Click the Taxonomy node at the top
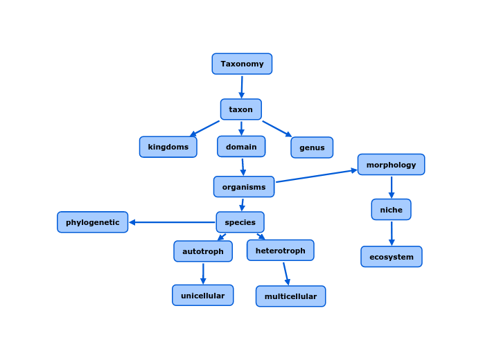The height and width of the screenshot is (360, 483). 242,64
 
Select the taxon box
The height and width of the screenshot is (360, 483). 241,109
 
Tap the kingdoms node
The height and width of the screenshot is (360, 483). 168,147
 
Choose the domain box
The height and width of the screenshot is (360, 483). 241,147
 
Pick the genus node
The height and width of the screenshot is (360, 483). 312,147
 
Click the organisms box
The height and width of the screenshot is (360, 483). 244,187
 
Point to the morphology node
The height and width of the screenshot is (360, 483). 391,165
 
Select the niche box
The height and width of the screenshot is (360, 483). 391,210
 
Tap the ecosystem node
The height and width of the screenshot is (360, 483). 391,257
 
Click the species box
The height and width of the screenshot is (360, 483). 240,222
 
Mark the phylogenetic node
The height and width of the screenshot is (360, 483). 93,222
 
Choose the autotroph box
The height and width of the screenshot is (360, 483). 203,251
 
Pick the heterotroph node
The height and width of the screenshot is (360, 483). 280,251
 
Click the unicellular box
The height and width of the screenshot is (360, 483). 203,296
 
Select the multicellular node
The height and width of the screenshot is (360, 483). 290,296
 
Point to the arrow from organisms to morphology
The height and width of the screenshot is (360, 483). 316,176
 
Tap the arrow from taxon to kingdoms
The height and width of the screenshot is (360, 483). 204,129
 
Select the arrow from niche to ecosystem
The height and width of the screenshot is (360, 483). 392,233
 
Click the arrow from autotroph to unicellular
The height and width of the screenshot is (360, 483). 203,273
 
